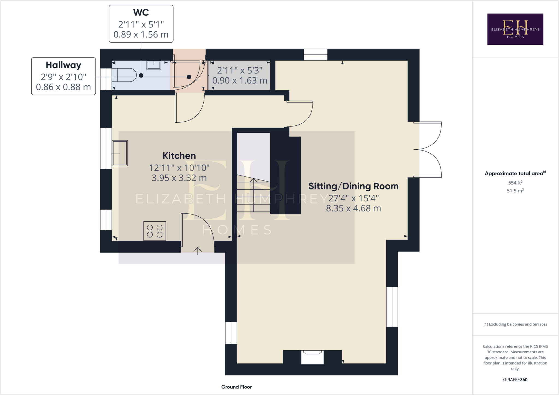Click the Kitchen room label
179,156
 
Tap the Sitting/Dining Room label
353,186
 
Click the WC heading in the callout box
141,13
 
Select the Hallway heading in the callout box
63,65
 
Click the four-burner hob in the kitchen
154,231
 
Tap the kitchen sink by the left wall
120,153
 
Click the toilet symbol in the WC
124,75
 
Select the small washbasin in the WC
154,65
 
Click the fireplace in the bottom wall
312,357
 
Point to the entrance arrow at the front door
198,251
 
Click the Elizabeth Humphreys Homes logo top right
515,29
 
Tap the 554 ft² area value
515,183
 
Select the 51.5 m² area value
515,191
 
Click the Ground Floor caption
236,387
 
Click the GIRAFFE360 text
515,379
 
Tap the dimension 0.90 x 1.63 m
240,81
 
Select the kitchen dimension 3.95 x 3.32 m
179,178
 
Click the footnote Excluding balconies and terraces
515,324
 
